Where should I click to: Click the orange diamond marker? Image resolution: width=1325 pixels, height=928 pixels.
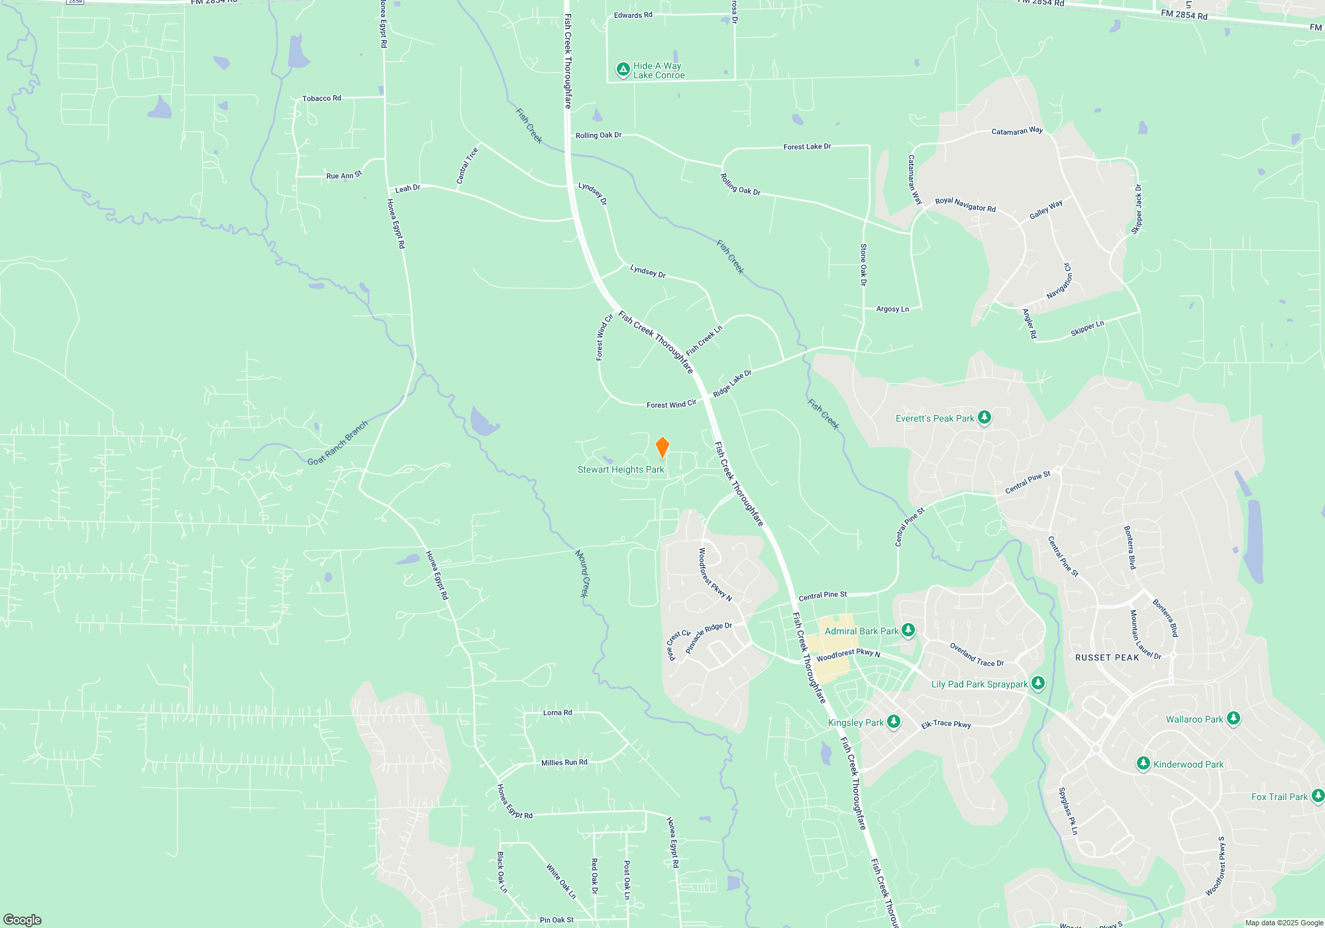coord(662,447)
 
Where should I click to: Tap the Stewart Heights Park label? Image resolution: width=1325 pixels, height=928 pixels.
coord(620,469)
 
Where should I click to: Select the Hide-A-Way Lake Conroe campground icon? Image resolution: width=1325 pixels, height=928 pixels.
coord(623,70)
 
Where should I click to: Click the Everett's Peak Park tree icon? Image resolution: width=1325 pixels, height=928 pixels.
coord(984,418)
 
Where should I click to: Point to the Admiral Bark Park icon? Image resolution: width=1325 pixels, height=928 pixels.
coord(908,630)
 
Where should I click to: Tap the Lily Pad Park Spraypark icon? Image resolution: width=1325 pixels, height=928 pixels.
coord(1038,683)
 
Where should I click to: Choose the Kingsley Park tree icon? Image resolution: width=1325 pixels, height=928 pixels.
coord(894,722)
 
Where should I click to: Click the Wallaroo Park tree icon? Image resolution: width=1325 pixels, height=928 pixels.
coord(1233,719)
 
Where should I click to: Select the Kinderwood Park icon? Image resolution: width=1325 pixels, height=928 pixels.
coord(1143,764)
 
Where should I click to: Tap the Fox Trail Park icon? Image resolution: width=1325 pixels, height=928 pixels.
coord(1318,796)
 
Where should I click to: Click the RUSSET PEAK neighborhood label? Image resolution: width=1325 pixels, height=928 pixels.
coord(1106,658)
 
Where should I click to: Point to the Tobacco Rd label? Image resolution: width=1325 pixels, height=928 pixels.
coord(321,98)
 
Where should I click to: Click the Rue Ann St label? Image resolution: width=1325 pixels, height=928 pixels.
coord(344,175)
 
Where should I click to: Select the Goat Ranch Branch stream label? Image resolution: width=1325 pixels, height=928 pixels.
coord(337,443)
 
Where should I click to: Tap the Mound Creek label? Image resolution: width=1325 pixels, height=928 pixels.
coord(582,573)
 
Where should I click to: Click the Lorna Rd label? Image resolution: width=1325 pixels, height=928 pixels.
coord(557,713)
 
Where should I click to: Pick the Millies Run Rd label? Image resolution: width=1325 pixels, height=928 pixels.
coord(564,762)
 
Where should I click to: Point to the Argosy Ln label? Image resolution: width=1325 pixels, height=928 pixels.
coord(892,309)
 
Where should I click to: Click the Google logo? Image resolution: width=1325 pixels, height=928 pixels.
coord(23,919)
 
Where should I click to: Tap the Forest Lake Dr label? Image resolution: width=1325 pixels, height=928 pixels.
coord(807,146)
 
